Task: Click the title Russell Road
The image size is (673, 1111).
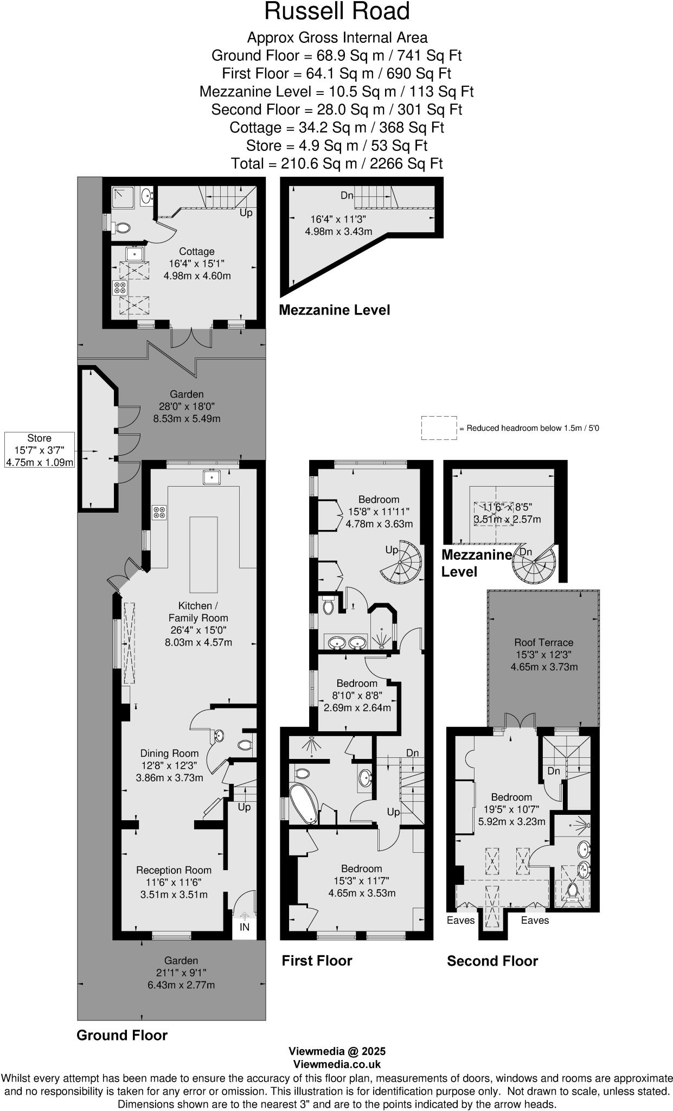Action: [x=336, y=12]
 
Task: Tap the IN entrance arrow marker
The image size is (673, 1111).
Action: [x=244, y=917]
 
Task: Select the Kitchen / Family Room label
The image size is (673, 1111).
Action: [x=198, y=611]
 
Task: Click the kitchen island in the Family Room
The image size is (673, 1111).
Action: [x=203, y=554]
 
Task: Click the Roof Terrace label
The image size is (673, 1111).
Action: [x=543, y=642]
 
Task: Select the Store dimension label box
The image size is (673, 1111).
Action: [x=39, y=450]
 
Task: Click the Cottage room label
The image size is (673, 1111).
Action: [x=197, y=252]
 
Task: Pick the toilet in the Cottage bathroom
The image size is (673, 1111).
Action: [x=123, y=228]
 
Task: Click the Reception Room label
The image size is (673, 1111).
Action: [x=174, y=870]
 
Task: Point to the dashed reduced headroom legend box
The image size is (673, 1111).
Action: [x=439, y=427]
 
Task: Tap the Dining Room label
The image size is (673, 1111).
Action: [x=169, y=753]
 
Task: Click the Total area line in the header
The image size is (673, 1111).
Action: [x=336, y=163]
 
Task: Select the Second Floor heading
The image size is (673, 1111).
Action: [x=492, y=961]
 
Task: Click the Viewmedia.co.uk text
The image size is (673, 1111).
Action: [x=337, y=1064]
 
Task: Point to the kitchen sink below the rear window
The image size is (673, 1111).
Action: [x=211, y=477]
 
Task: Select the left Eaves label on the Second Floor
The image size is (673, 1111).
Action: [x=460, y=920]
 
